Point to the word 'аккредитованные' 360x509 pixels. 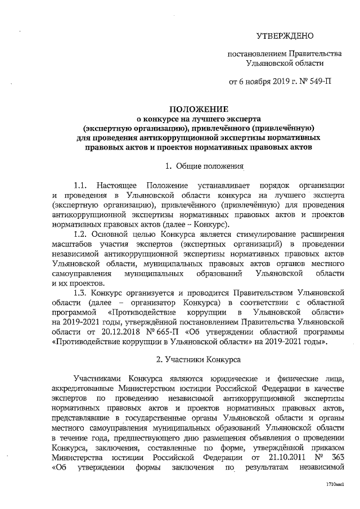pos(81,389)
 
